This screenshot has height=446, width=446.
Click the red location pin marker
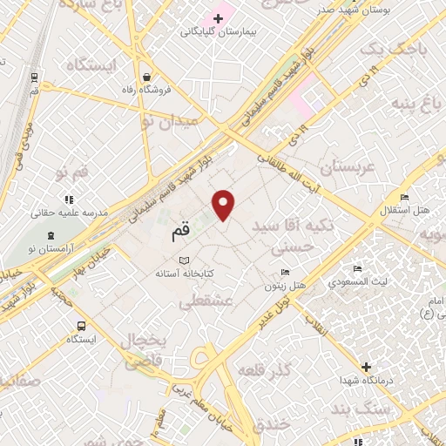(224, 204)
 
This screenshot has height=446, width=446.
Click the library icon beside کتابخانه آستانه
(183, 260)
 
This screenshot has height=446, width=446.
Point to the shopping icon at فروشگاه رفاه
(146, 76)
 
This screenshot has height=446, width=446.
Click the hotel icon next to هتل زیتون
(284, 273)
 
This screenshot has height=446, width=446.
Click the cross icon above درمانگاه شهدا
(366, 368)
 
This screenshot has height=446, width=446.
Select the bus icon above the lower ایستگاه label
(81, 327)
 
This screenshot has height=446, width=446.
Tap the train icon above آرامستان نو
(51, 235)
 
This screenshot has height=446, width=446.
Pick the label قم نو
(72, 172)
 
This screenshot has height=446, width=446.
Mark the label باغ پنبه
(413, 106)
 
